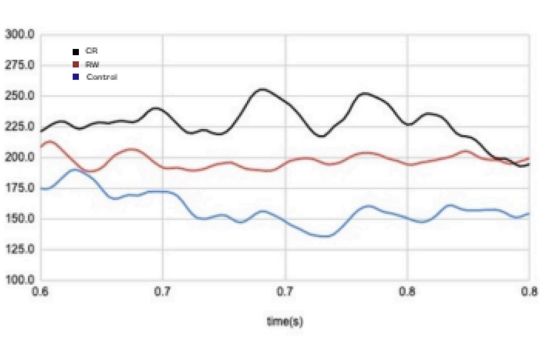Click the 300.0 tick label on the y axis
point(20,35)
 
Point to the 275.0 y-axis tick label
point(20,65)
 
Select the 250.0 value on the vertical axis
point(20,96)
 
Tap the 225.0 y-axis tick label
point(20,126)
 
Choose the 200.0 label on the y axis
point(20,157)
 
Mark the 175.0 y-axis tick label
point(20,188)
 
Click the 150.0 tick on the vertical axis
point(20,218)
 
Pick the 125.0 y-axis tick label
point(20,249)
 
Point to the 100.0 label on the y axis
point(20,279)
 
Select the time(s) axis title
point(285,321)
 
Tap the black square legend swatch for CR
point(76,52)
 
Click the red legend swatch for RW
point(76,64)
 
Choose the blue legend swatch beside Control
point(76,77)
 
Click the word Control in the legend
point(102,77)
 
